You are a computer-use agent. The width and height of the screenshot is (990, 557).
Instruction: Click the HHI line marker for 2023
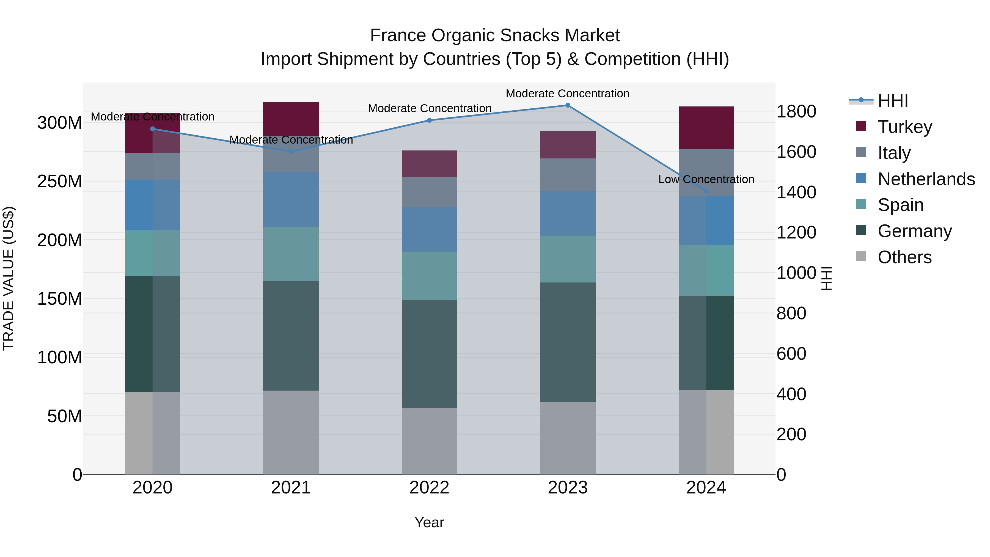[x=568, y=105]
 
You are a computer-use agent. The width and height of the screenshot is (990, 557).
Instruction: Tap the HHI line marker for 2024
[x=706, y=191]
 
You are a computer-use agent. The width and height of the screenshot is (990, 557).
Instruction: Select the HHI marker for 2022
[x=429, y=120]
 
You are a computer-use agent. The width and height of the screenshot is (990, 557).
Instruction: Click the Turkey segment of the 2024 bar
[x=706, y=127]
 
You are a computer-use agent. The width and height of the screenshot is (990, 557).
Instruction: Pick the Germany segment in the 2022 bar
[x=429, y=354]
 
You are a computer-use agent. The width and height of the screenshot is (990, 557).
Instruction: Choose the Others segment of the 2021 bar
[x=291, y=432]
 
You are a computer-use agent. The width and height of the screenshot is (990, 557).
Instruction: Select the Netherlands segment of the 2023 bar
[x=568, y=213]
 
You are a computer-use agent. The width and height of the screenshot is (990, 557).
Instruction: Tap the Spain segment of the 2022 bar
[x=429, y=276]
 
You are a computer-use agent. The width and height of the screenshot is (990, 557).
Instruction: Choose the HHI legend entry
[x=893, y=101]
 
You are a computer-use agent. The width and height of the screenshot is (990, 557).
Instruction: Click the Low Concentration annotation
[x=706, y=180]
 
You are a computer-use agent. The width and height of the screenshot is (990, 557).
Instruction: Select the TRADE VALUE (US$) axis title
[x=9, y=278]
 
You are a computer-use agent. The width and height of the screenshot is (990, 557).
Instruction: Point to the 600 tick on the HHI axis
[x=791, y=354]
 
